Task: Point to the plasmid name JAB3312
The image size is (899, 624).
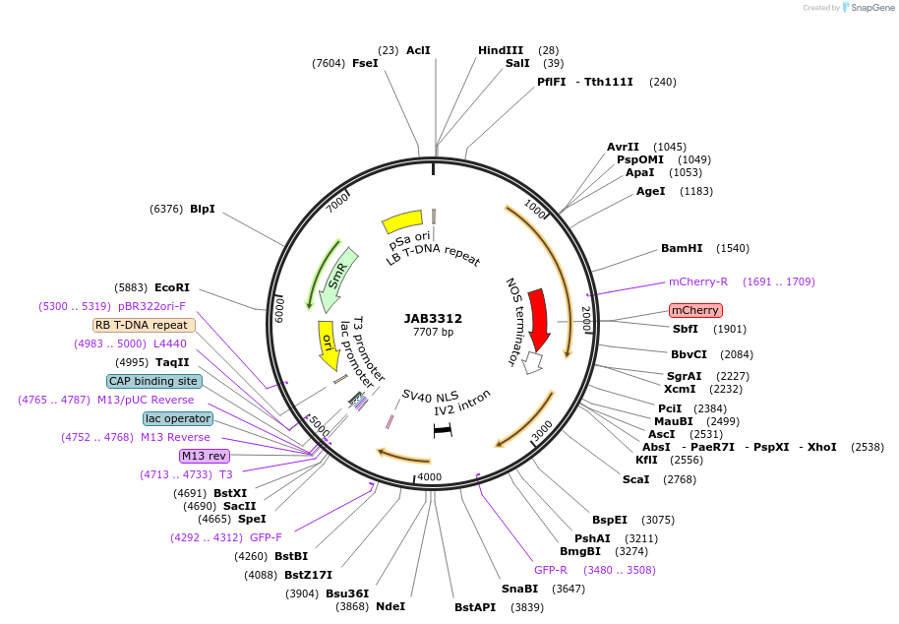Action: click(433, 319)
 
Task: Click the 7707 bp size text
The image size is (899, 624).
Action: click(433, 333)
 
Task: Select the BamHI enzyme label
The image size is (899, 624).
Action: click(682, 248)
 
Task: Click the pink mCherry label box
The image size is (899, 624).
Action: click(695, 310)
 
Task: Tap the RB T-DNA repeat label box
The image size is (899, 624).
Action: click(144, 325)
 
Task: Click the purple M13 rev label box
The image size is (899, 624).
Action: click(205, 456)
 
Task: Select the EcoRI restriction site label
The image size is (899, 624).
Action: click(172, 287)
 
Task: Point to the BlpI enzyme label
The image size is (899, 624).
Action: click(203, 209)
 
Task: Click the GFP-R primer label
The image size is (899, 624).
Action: click(551, 570)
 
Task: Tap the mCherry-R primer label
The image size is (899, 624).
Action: click(698, 281)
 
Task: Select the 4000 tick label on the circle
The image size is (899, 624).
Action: click(430, 477)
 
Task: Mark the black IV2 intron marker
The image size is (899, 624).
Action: click(443, 430)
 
